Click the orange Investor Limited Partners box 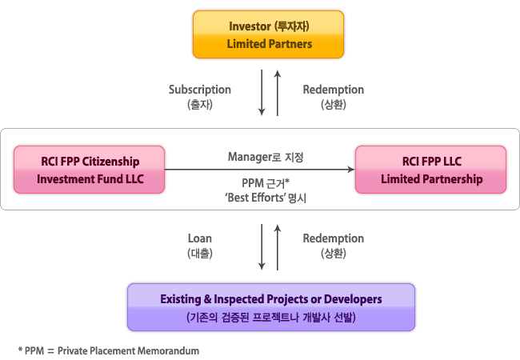[x=268, y=34]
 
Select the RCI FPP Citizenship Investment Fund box [x=90, y=170]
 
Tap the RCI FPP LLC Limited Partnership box [x=430, y=170]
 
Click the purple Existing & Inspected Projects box [x=271, y=307]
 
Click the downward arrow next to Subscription [x=262, y=93]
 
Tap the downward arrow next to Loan [x=262, y=247]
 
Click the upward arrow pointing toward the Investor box [x=278, y=93]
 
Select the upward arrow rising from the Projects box [x=278, y=248]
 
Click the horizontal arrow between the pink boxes [x=260, y=170]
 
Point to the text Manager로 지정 [x=266, y=157]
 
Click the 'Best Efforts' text [x=254, y=198]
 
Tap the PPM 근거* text [x=266, y=183]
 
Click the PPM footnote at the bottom [x=109, y=350]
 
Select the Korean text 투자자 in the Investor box [x=292, y=26]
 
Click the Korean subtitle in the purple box [x=271, y=318]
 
